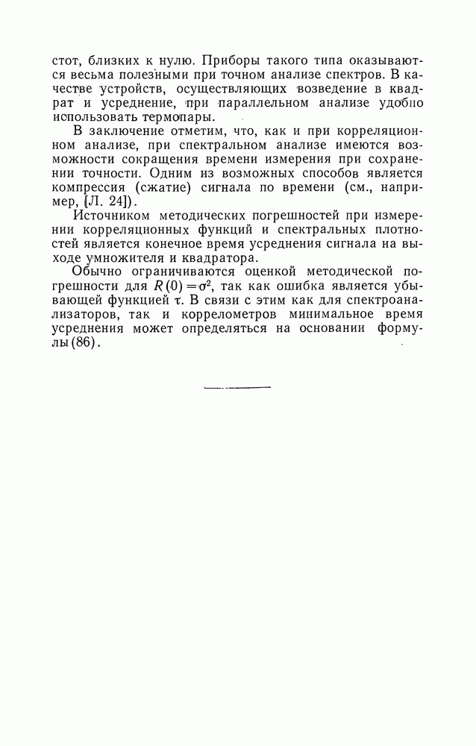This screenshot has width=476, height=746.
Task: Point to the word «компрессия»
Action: point(89,189)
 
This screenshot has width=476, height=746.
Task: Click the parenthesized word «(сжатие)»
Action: point(163,189)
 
